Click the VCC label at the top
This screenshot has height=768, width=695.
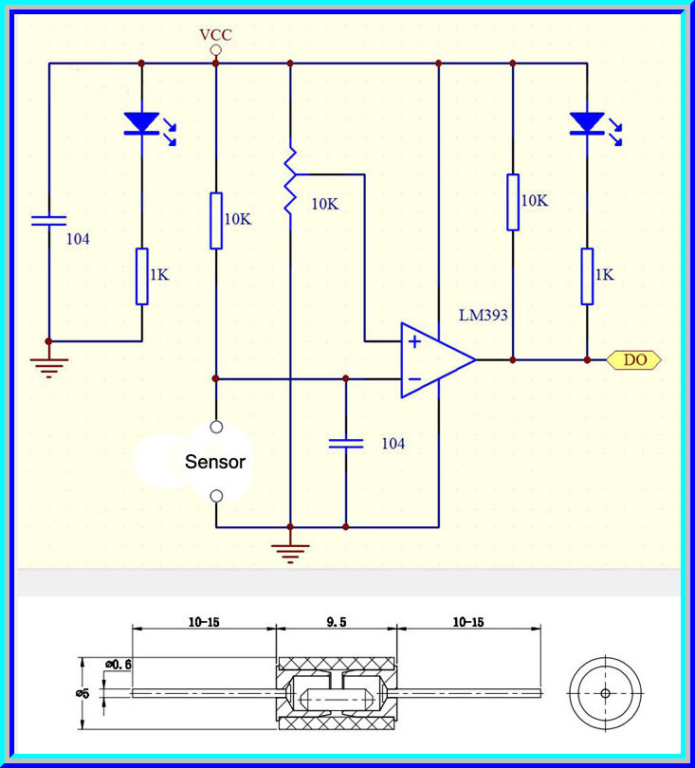pyautogui.click(x=215, y=35)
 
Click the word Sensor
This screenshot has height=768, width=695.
pyautogui.click(x=215, y=463)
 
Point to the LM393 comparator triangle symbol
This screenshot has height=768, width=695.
pyautogui.click(x=434, y=360)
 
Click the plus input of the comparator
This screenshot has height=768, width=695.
pyautogui.click(x=413, y=341)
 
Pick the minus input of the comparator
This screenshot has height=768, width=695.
pyautogui.click(x=413, y=379)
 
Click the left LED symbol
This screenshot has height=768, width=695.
pyautogui.click(x=142, y=122)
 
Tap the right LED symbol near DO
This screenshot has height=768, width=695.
pyautogui.click(x=587, y=122)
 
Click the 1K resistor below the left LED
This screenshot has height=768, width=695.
pyautogui.click(x=142, y=276)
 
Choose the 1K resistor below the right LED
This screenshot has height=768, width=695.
pyautogui.click(x=587, y=276)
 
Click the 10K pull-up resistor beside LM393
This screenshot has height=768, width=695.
pyautogui.click(x=513, y=202)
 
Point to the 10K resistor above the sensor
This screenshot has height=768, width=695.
pyautogui.click(x=216, y=220)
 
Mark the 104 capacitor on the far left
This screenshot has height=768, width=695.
pyautogui.click(x=48, y=221)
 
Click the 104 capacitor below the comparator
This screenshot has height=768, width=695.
pyautogui.click(x=345, y=443)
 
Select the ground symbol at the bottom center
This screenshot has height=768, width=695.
pyautogui.click(x=290, y=550)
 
